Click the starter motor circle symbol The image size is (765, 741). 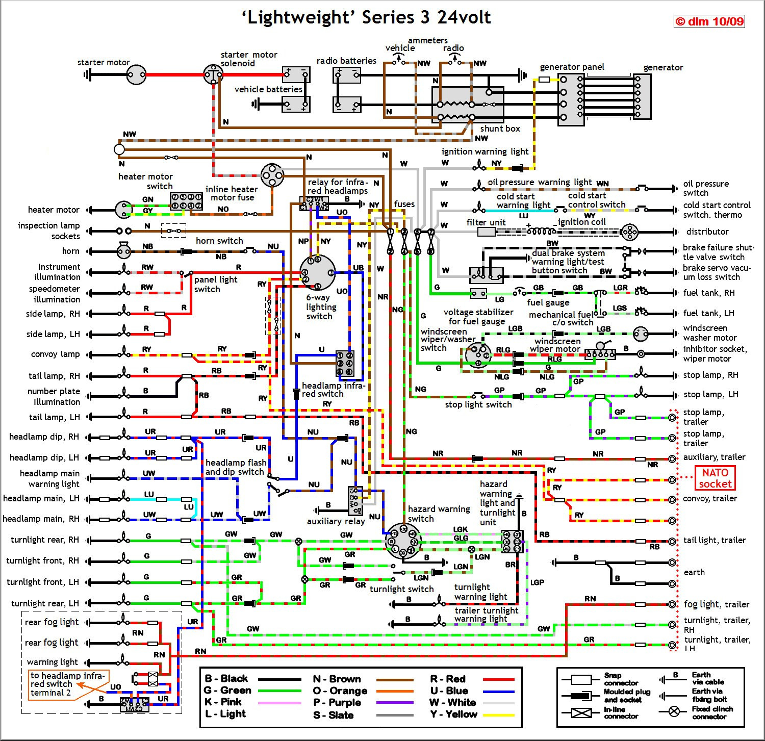tap(136, 75)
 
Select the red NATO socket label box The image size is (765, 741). tap(715, 478)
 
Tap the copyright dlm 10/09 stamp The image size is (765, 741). tap(709, 21)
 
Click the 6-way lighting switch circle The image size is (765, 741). tap(317, 273)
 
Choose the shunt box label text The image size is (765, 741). tap(500, 129)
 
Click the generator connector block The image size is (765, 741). tap(642, 96)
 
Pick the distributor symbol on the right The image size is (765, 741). tap(630, 232)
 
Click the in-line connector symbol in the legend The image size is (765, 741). tap(581, 713)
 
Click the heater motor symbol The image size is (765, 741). tap(123, 210)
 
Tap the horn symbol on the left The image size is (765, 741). tap(123, 250)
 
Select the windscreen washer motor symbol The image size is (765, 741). tap(641, 334)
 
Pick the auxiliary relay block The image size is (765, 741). tap(355, 500)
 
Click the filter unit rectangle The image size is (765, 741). tap(486, 232)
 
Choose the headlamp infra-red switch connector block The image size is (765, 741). tap(345, 363)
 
